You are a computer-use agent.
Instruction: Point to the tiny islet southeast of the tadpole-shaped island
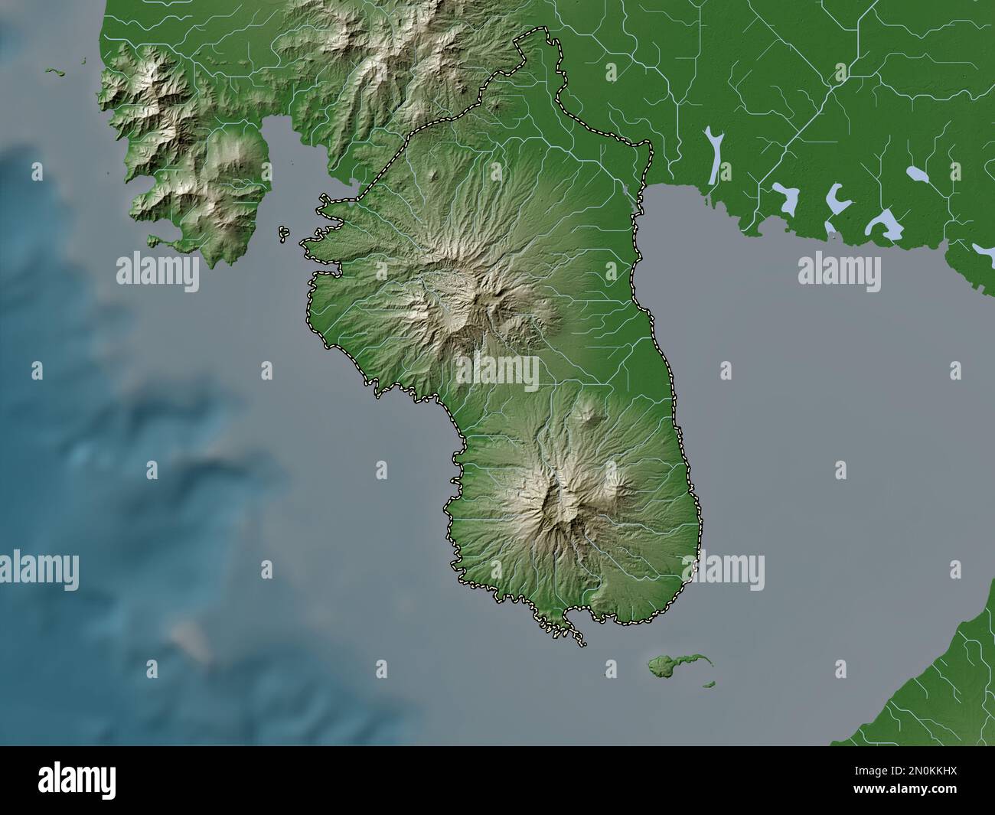pos(710,683)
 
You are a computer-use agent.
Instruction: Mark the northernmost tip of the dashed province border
pos(543,30)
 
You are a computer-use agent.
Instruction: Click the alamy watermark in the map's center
pos(497,373)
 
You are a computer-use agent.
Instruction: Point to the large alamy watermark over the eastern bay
pos(839,270)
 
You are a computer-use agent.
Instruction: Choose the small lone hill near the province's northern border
pos(436,175)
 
